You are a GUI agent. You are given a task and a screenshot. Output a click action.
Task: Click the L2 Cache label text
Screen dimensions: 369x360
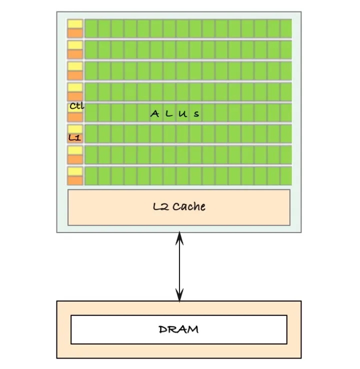(x=179, y=206)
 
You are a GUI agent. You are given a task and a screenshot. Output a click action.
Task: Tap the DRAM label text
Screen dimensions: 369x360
(x=178, y=329)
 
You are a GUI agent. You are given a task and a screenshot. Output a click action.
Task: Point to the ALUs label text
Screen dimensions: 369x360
(x=174, y=114)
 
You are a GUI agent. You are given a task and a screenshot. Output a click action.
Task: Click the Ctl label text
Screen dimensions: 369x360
(x=77, y=106)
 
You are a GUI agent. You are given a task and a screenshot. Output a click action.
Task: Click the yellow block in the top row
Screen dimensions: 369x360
(x=75, y=23)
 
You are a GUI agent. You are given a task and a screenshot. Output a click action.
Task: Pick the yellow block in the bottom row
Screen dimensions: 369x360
(x=75, y=171)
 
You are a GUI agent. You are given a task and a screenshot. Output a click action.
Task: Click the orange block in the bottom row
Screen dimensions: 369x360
(x=75, y=180)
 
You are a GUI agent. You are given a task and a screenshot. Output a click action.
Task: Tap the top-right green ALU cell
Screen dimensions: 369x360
(x=286, y=28)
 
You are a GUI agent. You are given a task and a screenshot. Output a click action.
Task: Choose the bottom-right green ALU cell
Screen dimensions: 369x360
(x=286, y=175)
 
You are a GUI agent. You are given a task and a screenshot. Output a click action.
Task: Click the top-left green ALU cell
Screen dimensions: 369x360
(x=91, y=28)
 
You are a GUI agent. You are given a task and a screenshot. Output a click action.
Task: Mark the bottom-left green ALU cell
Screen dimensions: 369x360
(x=91, y=175)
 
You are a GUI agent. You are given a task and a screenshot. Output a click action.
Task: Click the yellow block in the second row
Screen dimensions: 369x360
(x=75, y=45)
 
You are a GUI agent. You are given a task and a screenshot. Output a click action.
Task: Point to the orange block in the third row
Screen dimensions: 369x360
(x=75, y=75)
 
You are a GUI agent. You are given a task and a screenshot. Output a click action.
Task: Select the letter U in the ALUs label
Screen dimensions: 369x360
(x=184, y=114)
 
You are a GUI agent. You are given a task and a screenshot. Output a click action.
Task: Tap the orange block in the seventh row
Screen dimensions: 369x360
(x=75, y=159)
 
